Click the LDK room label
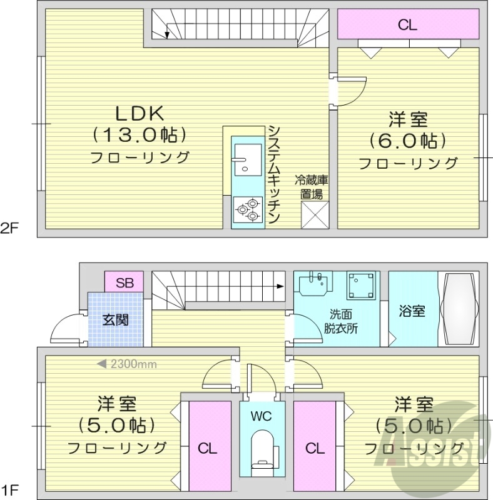click(x=139, y=113)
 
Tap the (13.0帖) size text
click(x=139, y=134)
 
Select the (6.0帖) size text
click(x=407, y=141)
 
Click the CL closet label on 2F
click(x=408, y=25)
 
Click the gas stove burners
click(x=247, y=209)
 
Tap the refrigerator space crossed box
click(x=314, y=214)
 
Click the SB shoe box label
click(x=124, y=282)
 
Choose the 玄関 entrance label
click(x=115, y=320)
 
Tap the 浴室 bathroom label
click(x=411, y=311)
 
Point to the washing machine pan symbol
click(x=362, y=287)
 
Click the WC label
click(x=261, y=416)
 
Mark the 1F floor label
click(x=9, y=489)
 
